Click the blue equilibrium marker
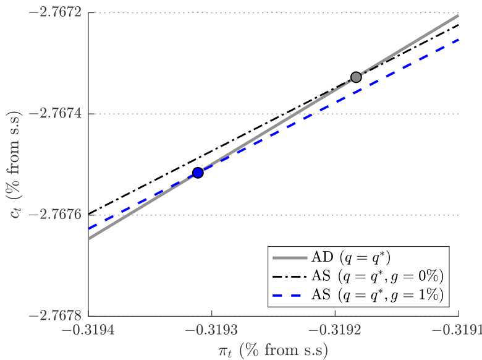[198, 173]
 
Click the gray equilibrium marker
[356, 77]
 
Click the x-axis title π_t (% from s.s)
[273, 349]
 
